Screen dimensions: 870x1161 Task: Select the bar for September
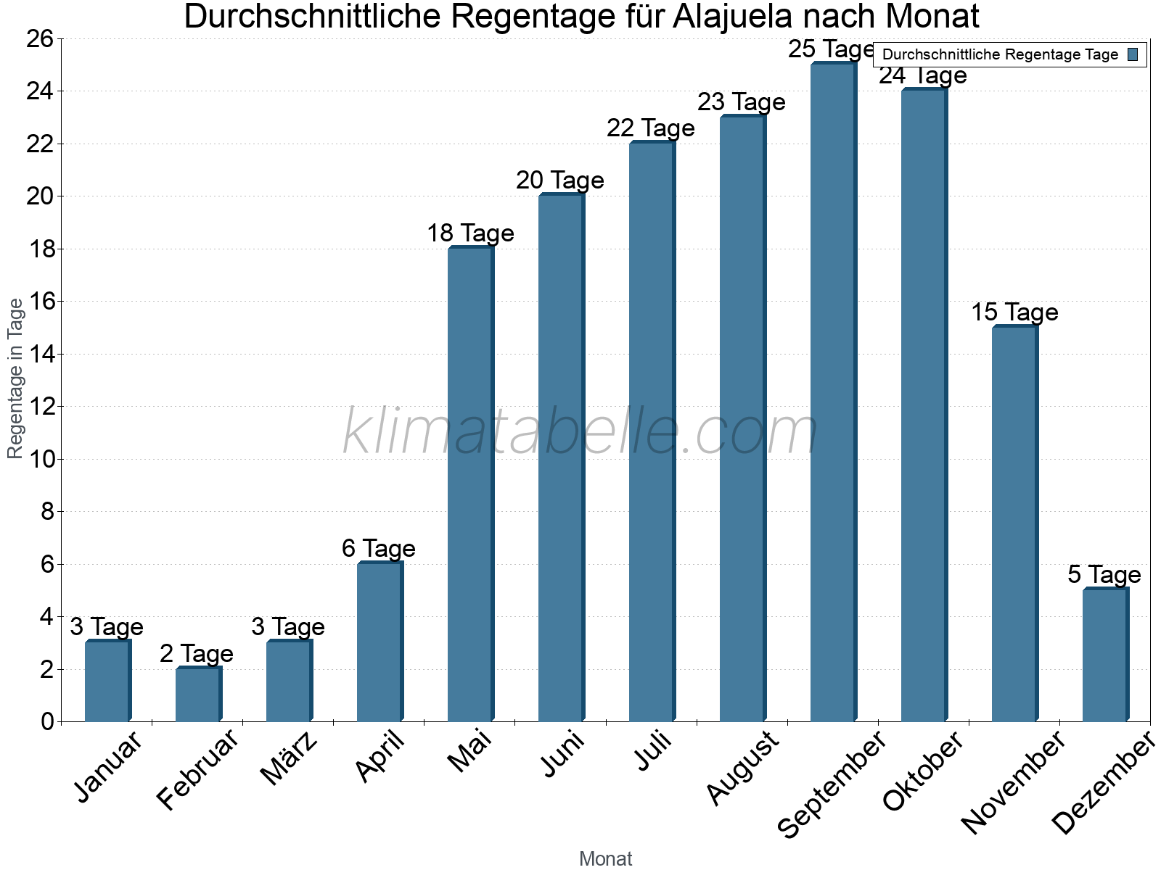point(833,391)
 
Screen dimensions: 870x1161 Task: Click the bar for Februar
point(198,694)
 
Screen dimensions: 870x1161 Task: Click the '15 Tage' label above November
point(1014,312)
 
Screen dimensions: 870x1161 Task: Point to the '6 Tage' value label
point(379,549)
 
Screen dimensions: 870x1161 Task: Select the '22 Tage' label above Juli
point(651,128)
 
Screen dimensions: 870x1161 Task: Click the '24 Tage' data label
point(923,76)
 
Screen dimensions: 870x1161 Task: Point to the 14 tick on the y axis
point(44,355)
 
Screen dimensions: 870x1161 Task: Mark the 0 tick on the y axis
point(48,721)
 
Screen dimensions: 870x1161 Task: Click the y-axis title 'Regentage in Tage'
point(16,378)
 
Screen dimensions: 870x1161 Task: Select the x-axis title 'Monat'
point(606,858)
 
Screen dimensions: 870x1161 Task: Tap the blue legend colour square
point(1133,54)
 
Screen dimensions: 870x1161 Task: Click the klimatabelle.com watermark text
point(580,432)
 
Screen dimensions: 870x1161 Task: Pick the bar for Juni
point(561,457)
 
